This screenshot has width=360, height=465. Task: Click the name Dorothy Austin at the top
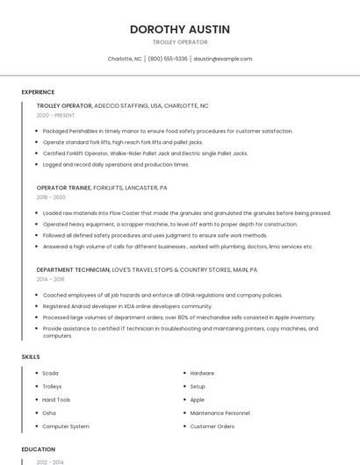[180, 29]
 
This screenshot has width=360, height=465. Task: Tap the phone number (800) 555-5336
[168, 59]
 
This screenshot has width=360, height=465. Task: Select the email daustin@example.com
[222, 59]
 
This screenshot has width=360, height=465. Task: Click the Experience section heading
[38, 92]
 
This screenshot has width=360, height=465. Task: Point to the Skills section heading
[31, 357]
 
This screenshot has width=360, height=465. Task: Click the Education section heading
[38, 449]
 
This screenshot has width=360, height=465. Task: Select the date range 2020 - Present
[55, 115]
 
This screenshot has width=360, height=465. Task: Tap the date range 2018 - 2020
[51, 197]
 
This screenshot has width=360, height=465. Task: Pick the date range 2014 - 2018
[51, 279]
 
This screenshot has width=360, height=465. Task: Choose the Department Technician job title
[73, 269]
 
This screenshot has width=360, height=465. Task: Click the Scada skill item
[50, 374]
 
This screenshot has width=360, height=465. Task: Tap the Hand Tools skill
[56, 400]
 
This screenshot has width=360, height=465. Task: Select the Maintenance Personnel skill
[220, 413]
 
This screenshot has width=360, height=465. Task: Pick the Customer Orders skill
[212, 426]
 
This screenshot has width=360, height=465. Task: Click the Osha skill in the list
[49, 413]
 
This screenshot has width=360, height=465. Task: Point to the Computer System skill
[66, 426]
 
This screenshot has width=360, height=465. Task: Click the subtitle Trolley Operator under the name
[180, 42]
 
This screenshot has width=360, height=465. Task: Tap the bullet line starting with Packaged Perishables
[167, 131]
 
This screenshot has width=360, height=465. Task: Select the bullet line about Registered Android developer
[127, 306]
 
